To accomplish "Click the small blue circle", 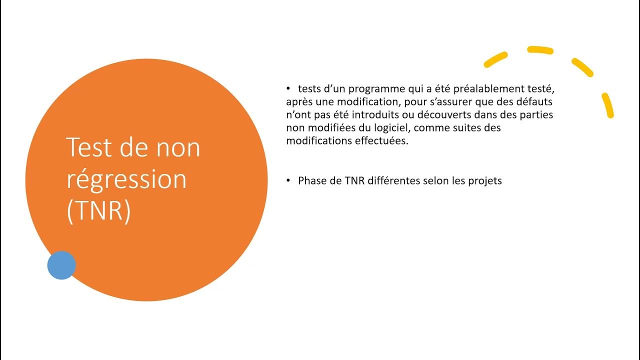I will [61, 265].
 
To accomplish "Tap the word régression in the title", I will [126, 179].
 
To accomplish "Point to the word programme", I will [375, 89].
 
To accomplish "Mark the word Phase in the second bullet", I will [312, 181].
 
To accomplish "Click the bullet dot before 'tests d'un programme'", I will [288, 88].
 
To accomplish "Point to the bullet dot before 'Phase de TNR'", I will [288, 180].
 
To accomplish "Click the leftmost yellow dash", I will [496, 59].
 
